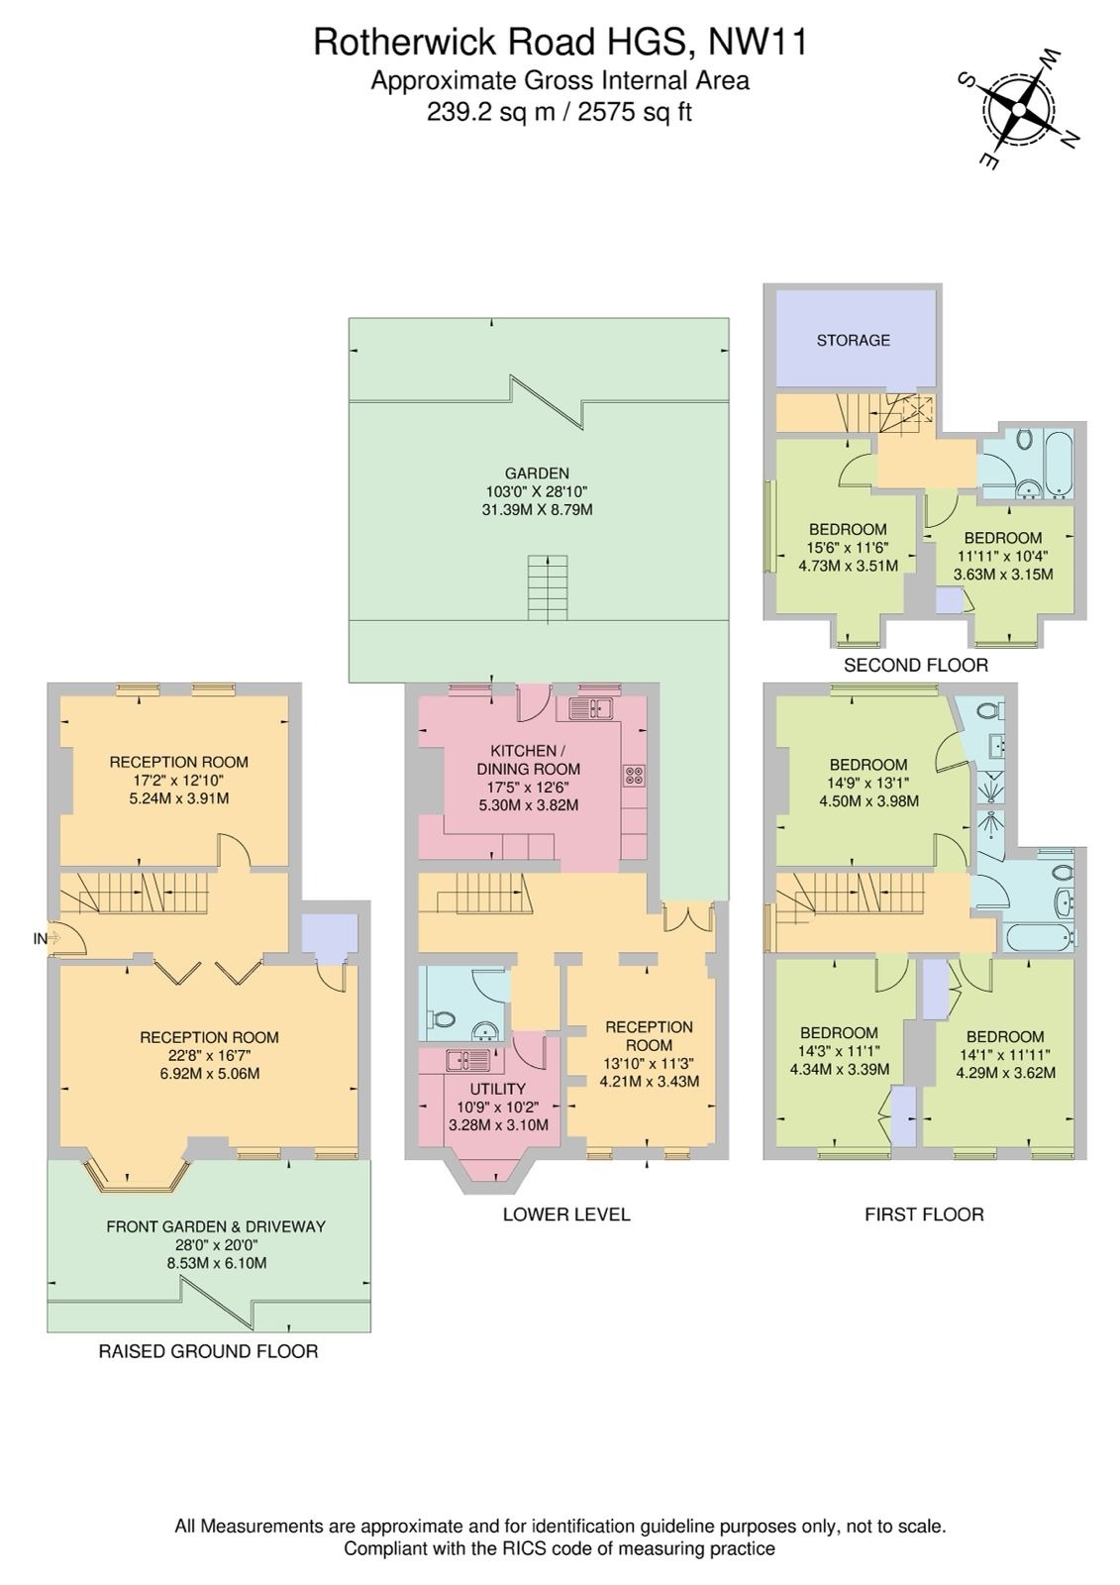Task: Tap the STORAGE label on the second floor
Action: [x=853, y=340]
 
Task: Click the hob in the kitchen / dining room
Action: [x=634, y=776]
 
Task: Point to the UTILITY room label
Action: [x=497, y=1089]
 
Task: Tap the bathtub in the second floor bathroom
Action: [x=1057, y=463]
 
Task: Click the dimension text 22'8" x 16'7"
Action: [x=209, y=1055]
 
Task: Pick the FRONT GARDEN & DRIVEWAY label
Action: [x=216, y=1226]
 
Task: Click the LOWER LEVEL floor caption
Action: [x=565, y=1215]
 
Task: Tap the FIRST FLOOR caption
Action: [x=924, y=1215]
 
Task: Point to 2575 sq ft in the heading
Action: [x=634, y=113]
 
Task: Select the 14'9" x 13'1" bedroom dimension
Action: [x=868, y=783]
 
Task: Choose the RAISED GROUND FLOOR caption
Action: [x=208, y=1351]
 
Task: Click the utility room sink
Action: [x=466, y=1061]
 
